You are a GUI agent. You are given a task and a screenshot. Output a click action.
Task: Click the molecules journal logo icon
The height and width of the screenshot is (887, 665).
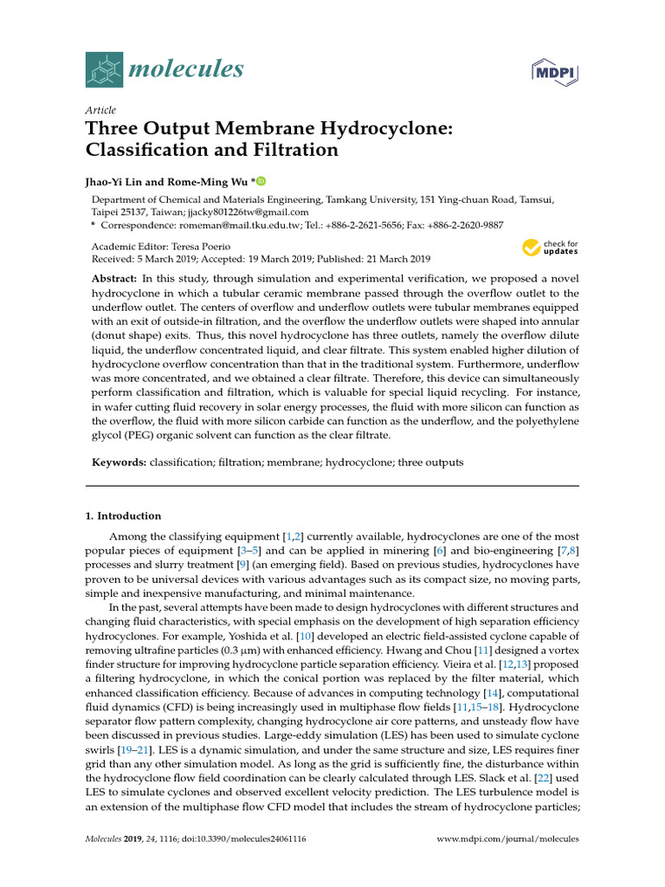pos(104,69)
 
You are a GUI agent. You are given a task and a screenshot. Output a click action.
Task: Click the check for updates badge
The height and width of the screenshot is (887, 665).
pos(550,249)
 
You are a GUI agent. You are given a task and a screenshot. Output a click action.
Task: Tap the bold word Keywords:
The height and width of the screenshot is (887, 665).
pos(119,463)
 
